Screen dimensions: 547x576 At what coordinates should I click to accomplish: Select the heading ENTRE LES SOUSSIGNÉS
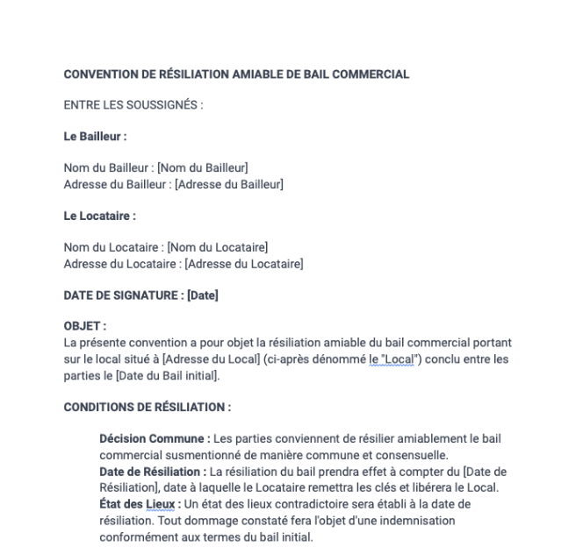click(x=133, y=106)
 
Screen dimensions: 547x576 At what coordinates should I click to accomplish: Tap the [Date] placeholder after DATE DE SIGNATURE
click(x=202, y=295)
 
